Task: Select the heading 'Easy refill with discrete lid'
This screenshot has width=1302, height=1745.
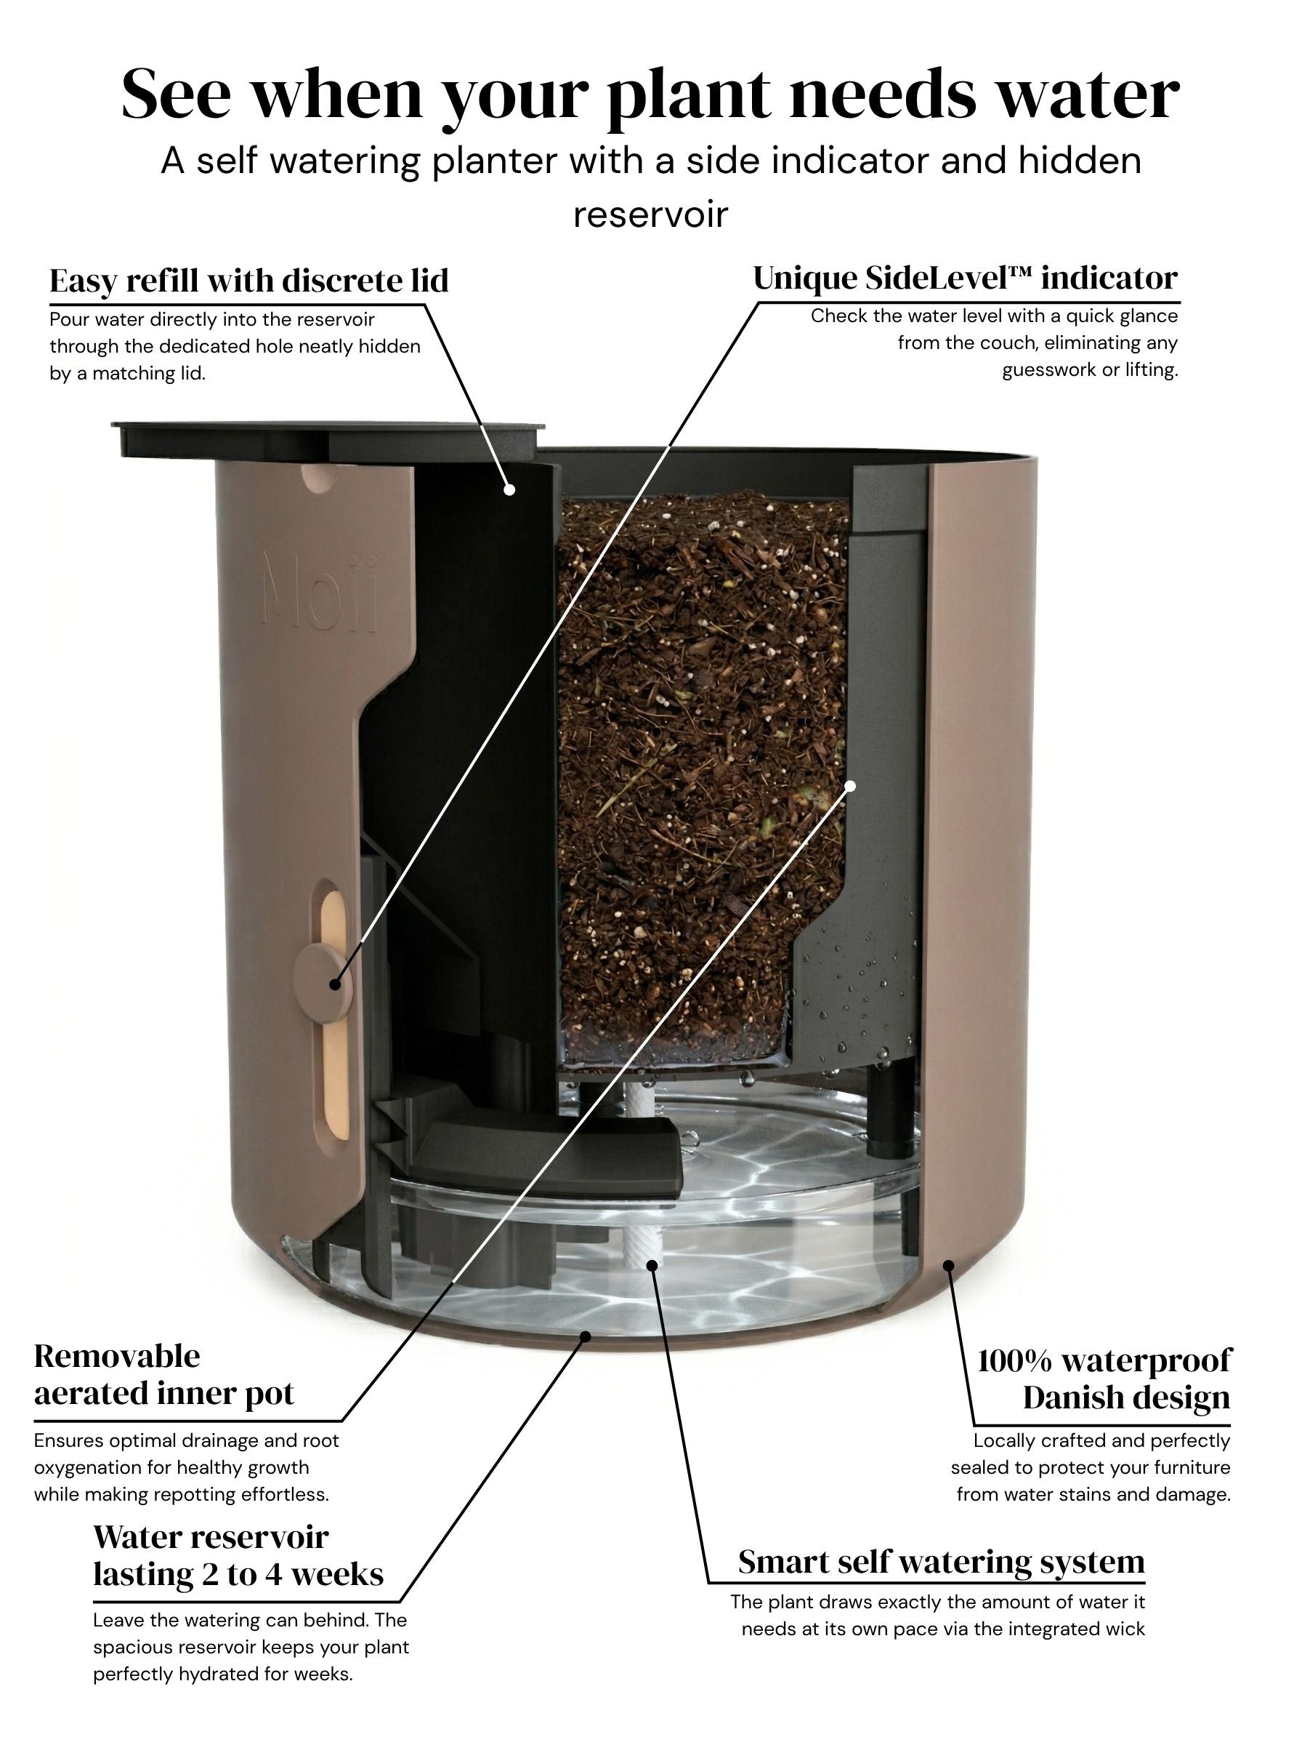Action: pos(249,280)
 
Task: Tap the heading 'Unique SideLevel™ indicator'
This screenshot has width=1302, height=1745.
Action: pos(966,278)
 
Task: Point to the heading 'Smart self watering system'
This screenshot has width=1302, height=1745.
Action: pos(941,1561)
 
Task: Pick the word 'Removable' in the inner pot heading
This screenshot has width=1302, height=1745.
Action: pos(117,1355)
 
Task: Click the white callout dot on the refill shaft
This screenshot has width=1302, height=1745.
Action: pos(510,489)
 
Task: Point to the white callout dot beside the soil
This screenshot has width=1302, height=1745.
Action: pos(850,785)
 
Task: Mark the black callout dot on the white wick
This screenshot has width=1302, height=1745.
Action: pos(652,1266)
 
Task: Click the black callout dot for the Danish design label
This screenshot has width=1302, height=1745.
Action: pos(949,1266)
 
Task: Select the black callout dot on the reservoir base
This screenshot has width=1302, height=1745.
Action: pos(585,1336)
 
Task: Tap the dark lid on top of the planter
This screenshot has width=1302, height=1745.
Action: pos(328,439)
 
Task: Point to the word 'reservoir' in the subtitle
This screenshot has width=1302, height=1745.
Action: pos(650,214)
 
